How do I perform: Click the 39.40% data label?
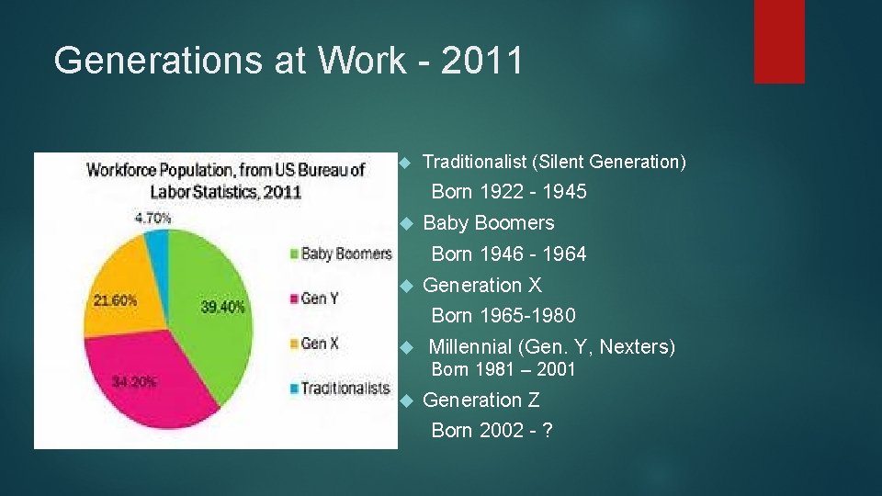[222, 308]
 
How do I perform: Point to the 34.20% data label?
[133, 381]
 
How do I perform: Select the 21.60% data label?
[115, 300]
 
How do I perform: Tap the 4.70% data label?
[153, 219]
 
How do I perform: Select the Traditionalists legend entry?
[339, 389]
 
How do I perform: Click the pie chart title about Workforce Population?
[225, 181]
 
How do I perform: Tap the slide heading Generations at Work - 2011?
[288, 61]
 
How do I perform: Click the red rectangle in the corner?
[779, 41]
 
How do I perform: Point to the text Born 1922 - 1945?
[508, 192]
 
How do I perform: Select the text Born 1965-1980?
[503, 316]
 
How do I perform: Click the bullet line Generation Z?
[481, 400]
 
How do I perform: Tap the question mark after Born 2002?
[548, 431]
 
